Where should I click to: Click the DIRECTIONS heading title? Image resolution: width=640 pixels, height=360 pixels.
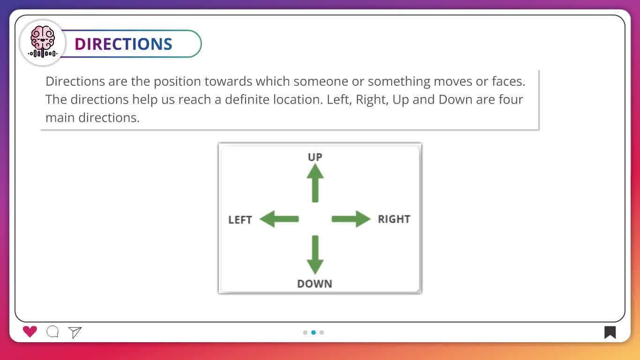click(x=123, y=44)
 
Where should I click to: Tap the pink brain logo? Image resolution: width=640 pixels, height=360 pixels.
click(x=43, y=42)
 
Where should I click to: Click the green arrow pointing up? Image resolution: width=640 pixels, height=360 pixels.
click(x=315, y=183)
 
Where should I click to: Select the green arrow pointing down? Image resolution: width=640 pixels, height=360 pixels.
click(x=315, y=255)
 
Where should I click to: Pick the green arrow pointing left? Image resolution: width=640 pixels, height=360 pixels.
click(x=279, y=219)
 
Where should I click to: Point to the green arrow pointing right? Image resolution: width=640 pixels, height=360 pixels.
click(x=351, y=219)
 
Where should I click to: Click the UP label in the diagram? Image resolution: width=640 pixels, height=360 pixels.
click(x=315, y=157)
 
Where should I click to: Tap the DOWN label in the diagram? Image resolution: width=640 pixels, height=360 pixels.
click(x=314, y=284)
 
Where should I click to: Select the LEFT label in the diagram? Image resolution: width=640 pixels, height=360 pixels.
click(x=240, y=220)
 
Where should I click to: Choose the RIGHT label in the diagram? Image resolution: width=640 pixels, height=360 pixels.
click(x=394, y=219)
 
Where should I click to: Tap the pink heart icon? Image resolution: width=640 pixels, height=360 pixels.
click(x=30, y=332)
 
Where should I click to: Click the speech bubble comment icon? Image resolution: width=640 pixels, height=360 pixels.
click(x=52, y=332)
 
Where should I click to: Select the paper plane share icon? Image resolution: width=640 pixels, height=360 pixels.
click(x=75, y=332)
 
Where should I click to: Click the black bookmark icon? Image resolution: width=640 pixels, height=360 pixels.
click(x=610, y=332)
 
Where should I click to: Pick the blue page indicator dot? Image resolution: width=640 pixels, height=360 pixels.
click(x=313, y=332)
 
